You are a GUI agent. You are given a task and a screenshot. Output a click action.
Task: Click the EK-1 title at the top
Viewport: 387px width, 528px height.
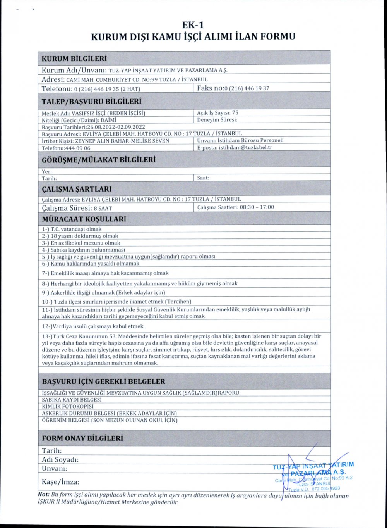point(193,25)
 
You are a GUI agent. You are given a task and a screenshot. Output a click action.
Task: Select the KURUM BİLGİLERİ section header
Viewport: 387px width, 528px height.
point(74,59)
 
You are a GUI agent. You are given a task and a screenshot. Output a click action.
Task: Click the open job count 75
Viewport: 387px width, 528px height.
point(235,113)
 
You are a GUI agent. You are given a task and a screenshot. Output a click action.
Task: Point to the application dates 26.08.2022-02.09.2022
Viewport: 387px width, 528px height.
point(116,127)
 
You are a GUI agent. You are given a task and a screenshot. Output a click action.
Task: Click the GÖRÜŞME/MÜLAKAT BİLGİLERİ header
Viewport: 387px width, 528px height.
point(99,160)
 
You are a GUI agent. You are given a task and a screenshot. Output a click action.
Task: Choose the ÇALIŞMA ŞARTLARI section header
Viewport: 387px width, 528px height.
point(77,189)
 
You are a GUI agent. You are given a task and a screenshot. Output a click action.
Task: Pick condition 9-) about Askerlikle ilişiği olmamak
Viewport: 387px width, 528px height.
point(103,292)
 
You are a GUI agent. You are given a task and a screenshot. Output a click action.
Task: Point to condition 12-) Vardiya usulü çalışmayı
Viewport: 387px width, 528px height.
point(93,326)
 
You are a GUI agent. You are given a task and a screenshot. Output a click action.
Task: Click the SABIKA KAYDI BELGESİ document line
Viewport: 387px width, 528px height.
point(72,399)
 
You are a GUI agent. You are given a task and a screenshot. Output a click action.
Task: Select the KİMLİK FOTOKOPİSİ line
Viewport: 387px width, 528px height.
point(68,406)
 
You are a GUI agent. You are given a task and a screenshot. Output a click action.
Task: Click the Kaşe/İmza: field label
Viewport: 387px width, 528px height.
point(60,482)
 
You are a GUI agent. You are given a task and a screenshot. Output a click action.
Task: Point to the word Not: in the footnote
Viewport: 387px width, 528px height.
point(43,495)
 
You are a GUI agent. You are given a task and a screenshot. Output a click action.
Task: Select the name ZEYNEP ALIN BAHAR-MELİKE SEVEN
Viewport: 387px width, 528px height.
point(116,141)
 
